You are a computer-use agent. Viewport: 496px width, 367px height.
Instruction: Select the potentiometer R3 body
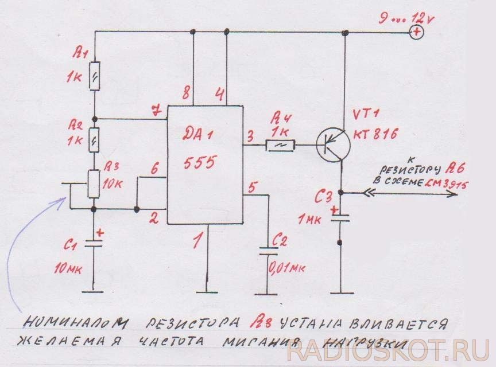point(94,184)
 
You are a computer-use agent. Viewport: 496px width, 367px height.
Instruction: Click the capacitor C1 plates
point(94,243)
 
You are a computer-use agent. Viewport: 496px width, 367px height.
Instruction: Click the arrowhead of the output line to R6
point(453,193)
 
